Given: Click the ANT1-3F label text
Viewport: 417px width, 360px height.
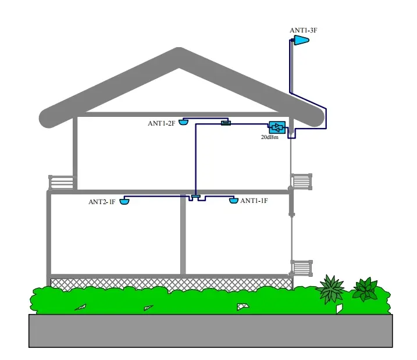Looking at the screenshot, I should tap(302, 30).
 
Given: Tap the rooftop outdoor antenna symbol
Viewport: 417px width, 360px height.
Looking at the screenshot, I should tap(300, 40).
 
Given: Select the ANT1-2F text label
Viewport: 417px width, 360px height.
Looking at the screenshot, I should tap(161, 123).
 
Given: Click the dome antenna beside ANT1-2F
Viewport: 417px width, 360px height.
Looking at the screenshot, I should tap(184, 122).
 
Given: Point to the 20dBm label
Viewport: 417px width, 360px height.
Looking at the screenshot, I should tap(270, 137).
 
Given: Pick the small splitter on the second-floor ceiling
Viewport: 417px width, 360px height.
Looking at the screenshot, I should tap(226, 123).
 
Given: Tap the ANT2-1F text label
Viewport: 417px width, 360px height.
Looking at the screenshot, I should tap(102, 202).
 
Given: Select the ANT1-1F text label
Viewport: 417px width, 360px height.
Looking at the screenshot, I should tap(254, 201).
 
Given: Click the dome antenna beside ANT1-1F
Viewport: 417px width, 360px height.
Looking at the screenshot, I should tap(234, 200).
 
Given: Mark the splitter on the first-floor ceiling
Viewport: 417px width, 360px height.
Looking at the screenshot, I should tap(197, 198).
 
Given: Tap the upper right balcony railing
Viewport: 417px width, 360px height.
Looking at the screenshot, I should tap(301, 181).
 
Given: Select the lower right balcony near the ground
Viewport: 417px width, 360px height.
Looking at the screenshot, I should tap(301, 268).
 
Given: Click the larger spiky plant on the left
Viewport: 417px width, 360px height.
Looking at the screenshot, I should tap(331, 289).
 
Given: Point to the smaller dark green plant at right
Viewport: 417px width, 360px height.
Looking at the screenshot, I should tap(366, 289).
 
